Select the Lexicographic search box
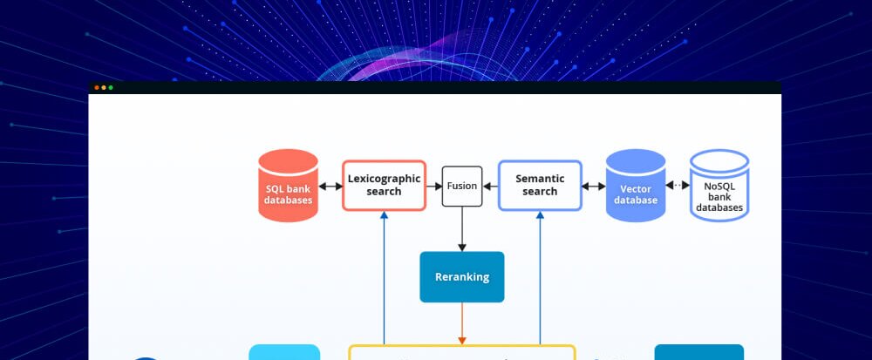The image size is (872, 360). click(384, 185)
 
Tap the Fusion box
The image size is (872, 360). click(462, 186)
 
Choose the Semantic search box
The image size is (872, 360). click(540, 185)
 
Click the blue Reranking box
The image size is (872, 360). click(462, 277)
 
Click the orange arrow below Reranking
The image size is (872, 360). click(462, 323)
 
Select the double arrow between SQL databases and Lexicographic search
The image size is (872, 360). click(330, 186)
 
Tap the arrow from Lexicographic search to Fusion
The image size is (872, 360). click(434, 186)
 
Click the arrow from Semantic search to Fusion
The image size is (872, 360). click(490, 186)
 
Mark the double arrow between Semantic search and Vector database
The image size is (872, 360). click(594, 186)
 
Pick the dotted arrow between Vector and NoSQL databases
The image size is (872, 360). click(678, 185)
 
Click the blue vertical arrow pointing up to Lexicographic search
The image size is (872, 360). click(384, 279)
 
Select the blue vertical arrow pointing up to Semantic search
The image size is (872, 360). click(540, 279)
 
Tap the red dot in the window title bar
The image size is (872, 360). click(97, 87)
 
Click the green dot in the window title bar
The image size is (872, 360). click(111, 87)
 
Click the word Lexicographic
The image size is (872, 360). click(384, 179)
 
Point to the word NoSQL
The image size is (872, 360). click(719, 186)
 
